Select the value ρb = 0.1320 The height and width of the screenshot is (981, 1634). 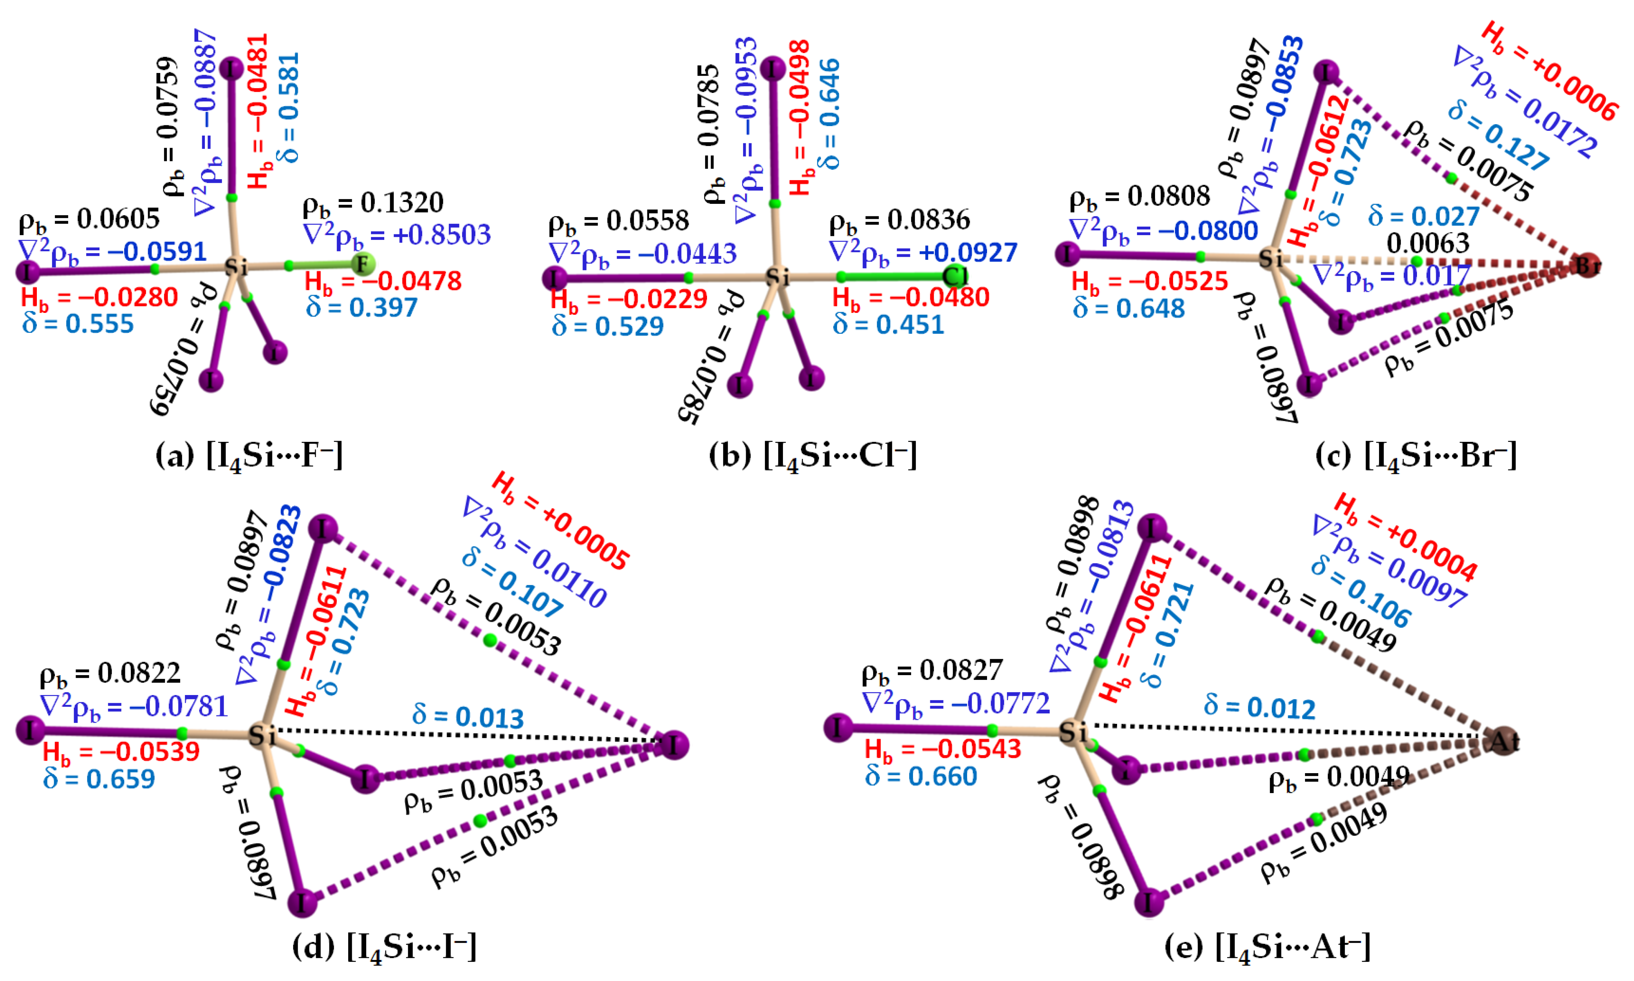(373, 203)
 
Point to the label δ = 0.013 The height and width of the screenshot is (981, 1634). (468, 716)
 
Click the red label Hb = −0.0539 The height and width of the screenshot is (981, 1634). (121, 752)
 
